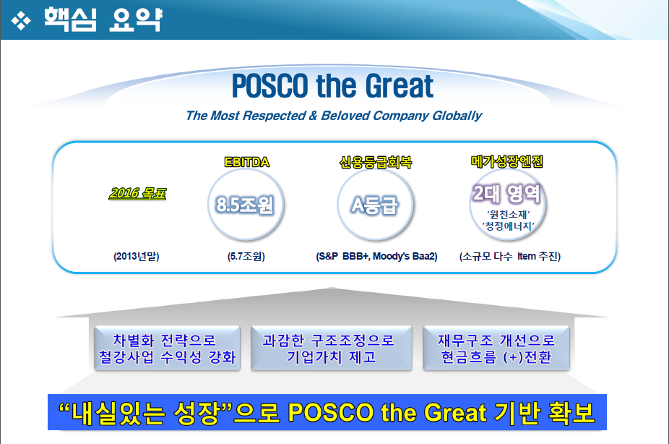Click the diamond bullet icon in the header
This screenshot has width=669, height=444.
(21, 21)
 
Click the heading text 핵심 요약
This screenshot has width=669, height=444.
(103, 20)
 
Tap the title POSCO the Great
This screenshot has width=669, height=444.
(332, 86)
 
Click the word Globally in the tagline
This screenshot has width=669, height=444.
(457, 116)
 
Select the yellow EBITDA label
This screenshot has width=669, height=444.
(246, 162)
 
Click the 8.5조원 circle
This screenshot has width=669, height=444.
(246, 205)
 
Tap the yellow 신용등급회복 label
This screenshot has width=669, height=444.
(376, 162)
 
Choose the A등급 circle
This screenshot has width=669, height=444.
(375, 205)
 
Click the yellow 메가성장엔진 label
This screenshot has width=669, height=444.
(507, 161)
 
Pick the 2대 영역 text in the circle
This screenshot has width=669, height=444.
(507, 193)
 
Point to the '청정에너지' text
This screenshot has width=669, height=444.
(508, 226)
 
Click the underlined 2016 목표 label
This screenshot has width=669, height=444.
(137, 193)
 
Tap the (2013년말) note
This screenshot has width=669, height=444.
(136, 256)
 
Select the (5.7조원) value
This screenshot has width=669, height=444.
(246, 256)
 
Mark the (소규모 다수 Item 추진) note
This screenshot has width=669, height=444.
(510, 256)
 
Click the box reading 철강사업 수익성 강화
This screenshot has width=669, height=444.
(168, 348)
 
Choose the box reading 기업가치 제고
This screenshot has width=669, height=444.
(332, 348)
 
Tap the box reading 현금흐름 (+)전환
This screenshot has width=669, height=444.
(496, 348)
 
